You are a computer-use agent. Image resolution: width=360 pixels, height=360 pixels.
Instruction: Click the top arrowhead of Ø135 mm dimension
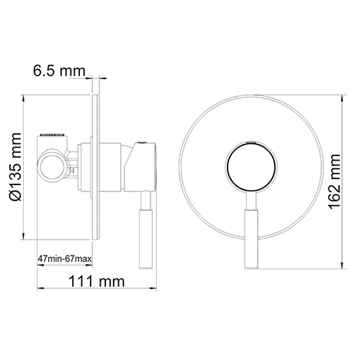click(x=25, y=97)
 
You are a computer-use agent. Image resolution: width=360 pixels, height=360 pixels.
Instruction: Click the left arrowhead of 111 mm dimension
click(x=37, y=289)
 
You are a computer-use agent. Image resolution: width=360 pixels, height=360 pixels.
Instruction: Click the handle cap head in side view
click(x=140, y=167)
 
